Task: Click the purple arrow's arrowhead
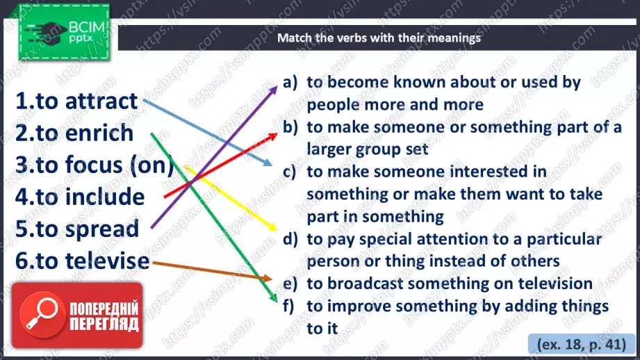(x=274, y=90)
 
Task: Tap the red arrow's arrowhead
(x=272, y=136)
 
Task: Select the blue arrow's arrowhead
(x=268, y=163)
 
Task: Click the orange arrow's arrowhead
(x=267, y=279)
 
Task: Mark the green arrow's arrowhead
(x=274, y=297)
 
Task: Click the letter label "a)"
(x=290, y=83)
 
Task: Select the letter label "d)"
(x=290, y=239)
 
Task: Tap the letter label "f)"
(x=288, y=306)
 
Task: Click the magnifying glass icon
(x=42, y=314)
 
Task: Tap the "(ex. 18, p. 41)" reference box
(x=581, y=344)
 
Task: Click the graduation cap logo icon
(x=45, y=33)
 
